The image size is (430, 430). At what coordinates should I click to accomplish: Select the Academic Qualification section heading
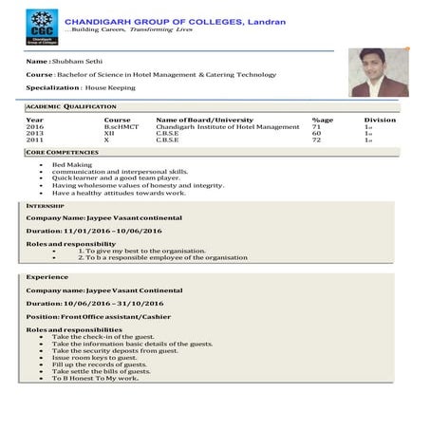[71, 107]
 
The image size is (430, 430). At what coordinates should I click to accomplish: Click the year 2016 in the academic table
[35, 127]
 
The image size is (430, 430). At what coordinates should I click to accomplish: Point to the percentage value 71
[316, 127]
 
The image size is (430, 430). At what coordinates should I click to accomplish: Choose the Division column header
[380, 121]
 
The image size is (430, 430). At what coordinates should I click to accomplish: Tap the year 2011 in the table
[35, 140]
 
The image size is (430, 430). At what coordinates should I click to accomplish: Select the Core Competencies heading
[64, 153]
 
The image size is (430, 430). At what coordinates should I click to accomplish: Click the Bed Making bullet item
[72, 164]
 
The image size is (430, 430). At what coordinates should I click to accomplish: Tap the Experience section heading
[47, 276]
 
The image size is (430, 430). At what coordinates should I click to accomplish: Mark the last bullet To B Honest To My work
[95, 378]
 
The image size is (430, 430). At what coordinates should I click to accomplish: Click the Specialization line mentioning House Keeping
[81, 87]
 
